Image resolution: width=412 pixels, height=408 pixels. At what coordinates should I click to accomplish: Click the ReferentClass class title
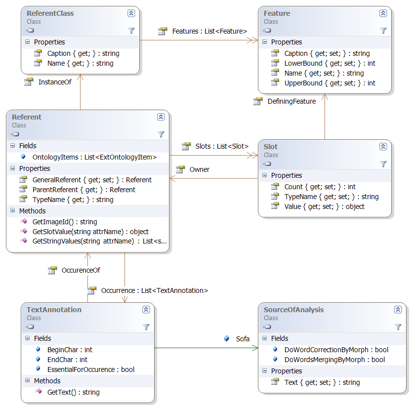pos(50,13)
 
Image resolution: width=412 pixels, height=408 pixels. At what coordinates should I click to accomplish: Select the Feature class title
pos(277,13)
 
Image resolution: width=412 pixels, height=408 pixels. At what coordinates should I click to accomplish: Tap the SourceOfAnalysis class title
pos(293,310)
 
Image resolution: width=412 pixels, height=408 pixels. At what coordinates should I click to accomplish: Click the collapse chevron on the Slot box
pos(383,147)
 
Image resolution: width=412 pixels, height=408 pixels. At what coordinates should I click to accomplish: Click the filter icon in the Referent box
pos(161,134)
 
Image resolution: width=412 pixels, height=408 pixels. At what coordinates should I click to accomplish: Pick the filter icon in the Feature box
pos(383,30)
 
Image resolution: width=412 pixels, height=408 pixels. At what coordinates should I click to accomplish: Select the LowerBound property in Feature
pos(330,63)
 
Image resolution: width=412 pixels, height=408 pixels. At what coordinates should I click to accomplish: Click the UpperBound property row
pos(330,83)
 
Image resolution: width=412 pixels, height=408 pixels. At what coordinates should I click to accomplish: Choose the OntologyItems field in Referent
pos(94,157)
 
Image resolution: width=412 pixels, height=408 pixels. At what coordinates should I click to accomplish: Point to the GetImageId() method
pos(64,222)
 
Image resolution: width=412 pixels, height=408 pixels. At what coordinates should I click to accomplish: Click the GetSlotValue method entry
pos(90,231)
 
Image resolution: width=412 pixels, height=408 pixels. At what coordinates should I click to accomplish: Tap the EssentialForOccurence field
pos(90,369)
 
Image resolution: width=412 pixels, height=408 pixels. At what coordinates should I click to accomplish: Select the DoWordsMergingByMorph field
pos(334,360)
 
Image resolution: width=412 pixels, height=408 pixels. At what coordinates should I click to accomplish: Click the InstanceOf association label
pos(54,82)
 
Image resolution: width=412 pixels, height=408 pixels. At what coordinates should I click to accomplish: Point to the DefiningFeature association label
pos(291,101)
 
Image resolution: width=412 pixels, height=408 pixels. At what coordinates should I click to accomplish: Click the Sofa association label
pos(242,339)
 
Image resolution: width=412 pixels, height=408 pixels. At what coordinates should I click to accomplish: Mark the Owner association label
pos(199,169)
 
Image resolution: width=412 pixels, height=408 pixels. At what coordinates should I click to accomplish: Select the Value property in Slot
pos(324,206)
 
